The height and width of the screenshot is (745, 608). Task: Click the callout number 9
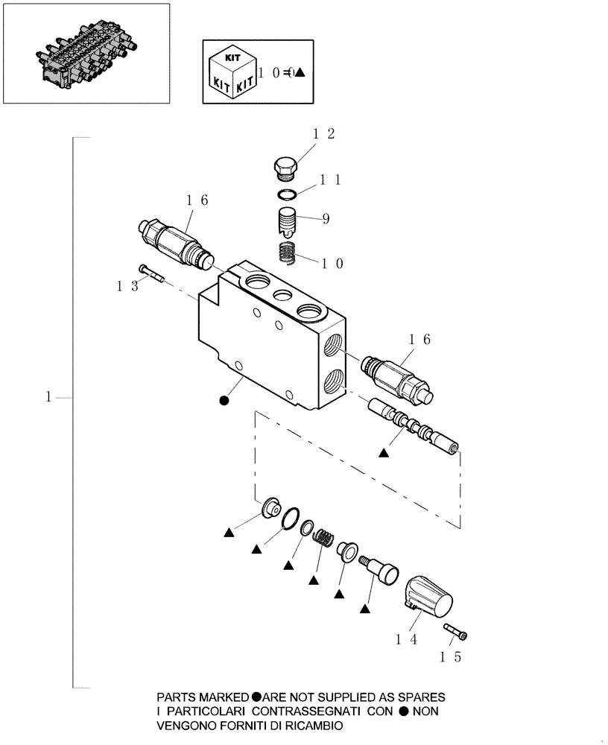(326, 219)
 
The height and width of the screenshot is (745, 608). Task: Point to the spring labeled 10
(289, 253)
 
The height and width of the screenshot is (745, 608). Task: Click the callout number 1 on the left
(48, 398)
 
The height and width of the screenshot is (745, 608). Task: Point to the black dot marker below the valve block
(224, 401)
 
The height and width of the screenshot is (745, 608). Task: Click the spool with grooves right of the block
(414, 428)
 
